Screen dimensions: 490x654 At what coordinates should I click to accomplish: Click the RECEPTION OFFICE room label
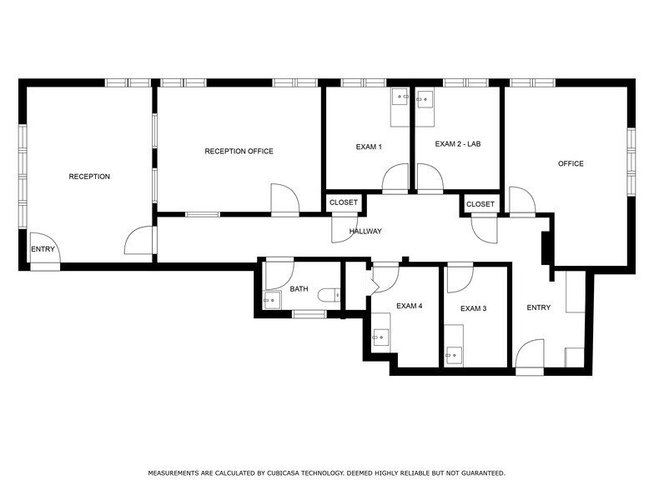pos(239,152)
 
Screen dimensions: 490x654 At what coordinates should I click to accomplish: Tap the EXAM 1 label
pos(369,147)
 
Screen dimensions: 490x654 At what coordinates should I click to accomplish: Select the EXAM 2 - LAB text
pos(458,144)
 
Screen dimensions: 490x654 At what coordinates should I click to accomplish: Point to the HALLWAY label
pos(365,231)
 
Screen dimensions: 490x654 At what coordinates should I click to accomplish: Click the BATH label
pos(299,289)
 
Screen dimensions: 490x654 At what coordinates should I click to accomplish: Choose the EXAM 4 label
pos(409,306)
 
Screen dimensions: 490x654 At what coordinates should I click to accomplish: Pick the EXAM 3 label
pos(473,308)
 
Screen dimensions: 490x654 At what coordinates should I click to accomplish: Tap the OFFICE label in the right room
pos(571,163)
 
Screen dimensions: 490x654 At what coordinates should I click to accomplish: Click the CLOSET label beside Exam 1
pos(343,202)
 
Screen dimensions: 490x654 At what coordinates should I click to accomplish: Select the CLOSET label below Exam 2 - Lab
pos(480,204)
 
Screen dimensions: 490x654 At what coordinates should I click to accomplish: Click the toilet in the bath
pos(334,293)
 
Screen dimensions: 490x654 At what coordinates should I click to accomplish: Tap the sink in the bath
pos(270,301)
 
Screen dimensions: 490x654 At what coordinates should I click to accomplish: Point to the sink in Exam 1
pos(402,97)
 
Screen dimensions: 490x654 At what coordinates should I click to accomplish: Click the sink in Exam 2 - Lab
pos(425,99)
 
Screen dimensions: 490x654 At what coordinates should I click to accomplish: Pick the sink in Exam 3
pos(452,356)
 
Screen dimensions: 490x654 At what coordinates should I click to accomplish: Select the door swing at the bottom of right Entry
pos(530,356)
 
